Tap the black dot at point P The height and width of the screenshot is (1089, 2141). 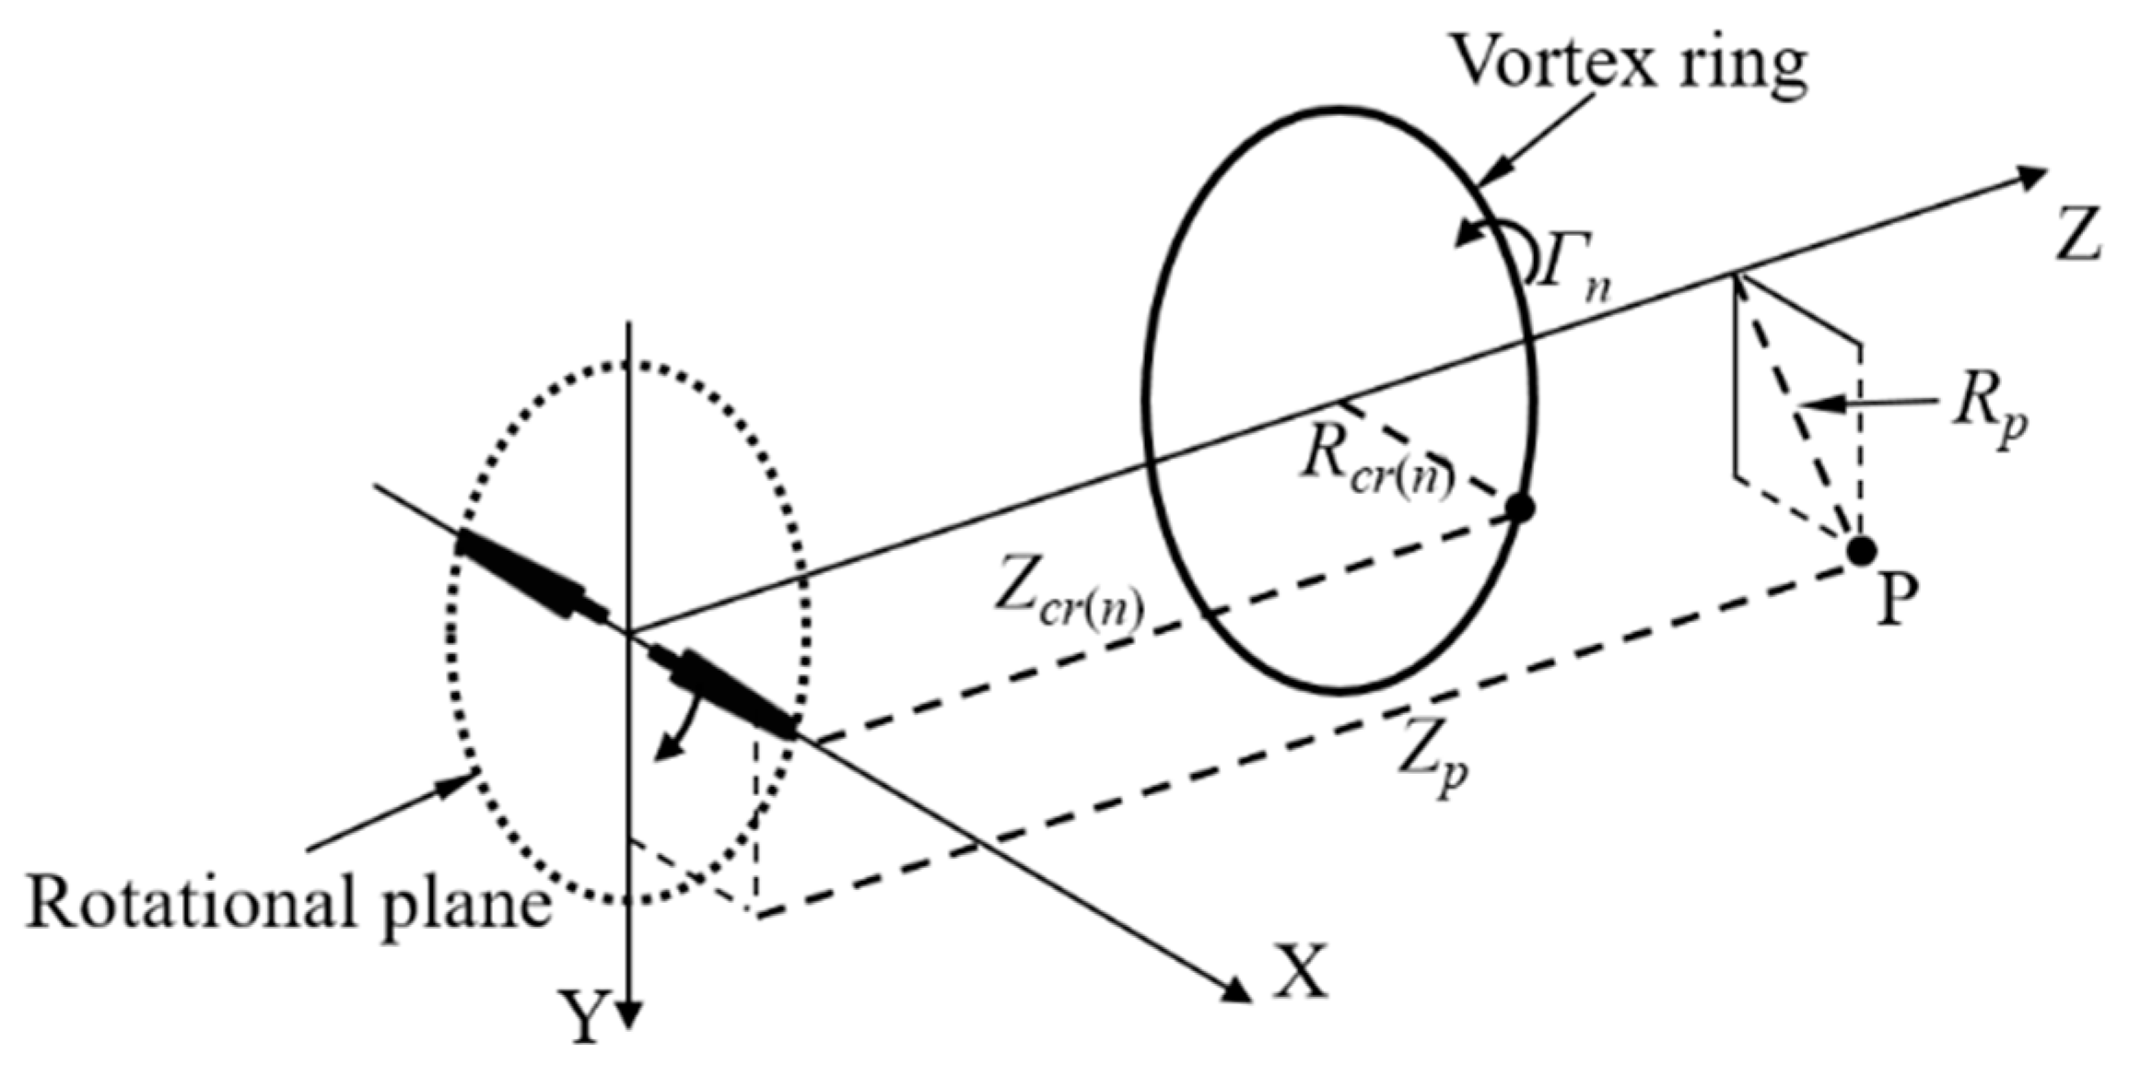[1862, 551]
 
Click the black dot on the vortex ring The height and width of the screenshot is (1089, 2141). [1519, 507]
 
